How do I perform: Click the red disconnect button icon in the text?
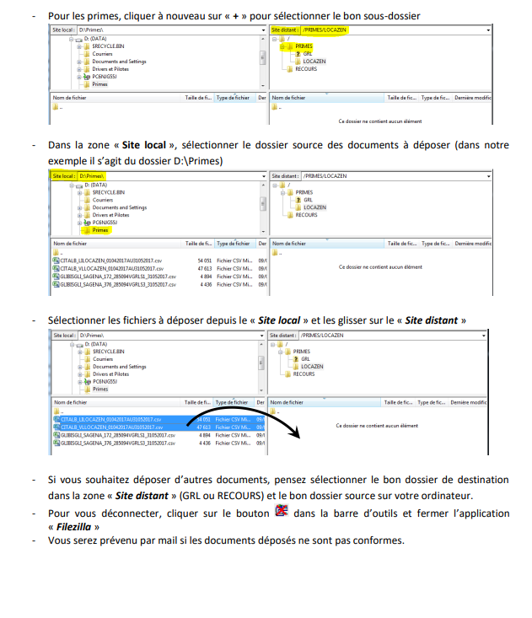pos(282,510)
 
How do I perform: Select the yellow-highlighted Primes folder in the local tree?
pos(100,229)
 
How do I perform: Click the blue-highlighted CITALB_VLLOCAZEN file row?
pos(110,427)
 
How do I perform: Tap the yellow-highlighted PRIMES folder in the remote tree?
pos(304,46)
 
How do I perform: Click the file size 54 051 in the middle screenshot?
pos(204,261)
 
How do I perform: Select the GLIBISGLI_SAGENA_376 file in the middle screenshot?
pos(117,284)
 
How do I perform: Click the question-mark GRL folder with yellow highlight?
pos(306,54)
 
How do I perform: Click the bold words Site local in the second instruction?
pos(142,145)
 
